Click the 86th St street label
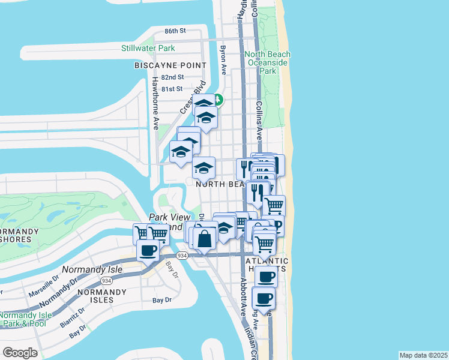176,30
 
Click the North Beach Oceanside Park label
268,62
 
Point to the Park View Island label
169,222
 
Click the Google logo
20,353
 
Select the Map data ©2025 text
423,355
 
